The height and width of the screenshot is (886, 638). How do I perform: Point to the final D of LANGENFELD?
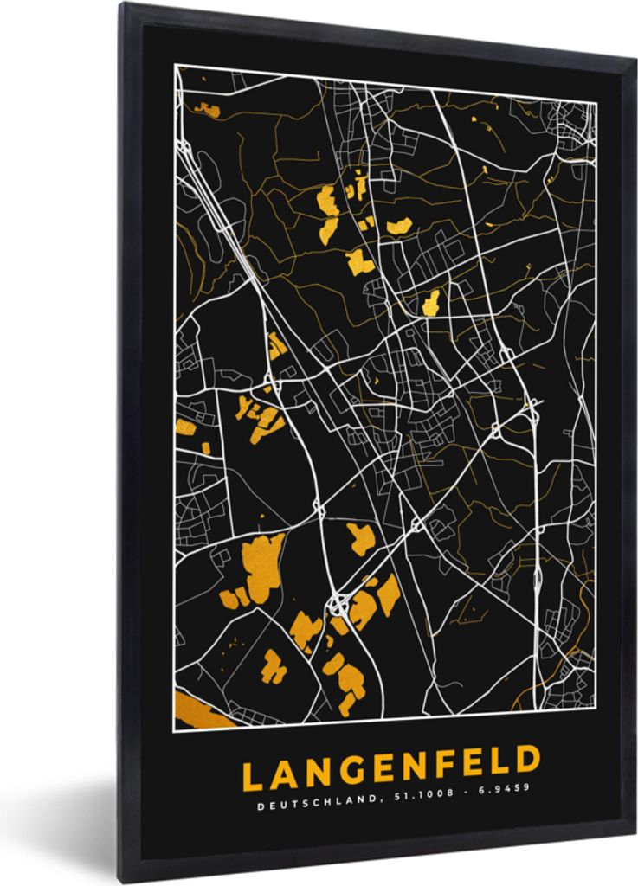click(527, 761)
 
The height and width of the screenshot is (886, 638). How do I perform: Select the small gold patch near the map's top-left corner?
click(208, 109)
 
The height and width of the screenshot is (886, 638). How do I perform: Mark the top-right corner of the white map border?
click(596, 102)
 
